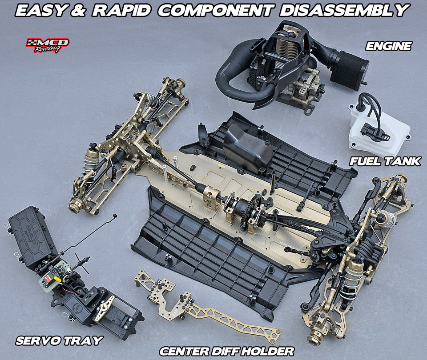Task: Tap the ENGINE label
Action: pos(388,46)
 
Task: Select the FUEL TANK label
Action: pos(385,161)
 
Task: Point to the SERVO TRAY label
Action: pos(59,340)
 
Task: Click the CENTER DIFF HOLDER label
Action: pos(227,351)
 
